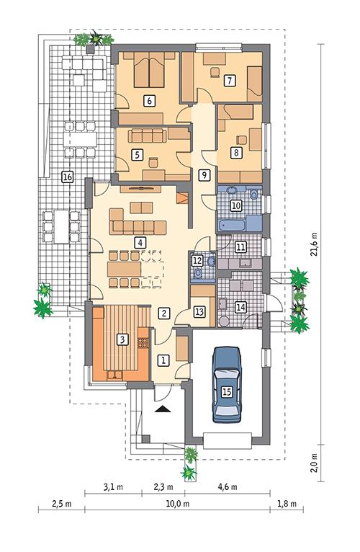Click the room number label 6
click(x=150, y=100)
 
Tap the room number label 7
click(x=228, y=80)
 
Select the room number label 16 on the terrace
click(x=67, y=177)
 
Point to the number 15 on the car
click(x=227, y=393)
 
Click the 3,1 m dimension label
click(x=112, y=488)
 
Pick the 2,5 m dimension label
click(x=60, y=504)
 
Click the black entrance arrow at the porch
click(x=164, y=408)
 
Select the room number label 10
click(x=235, y=205)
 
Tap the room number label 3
click(x=123, y=339)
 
